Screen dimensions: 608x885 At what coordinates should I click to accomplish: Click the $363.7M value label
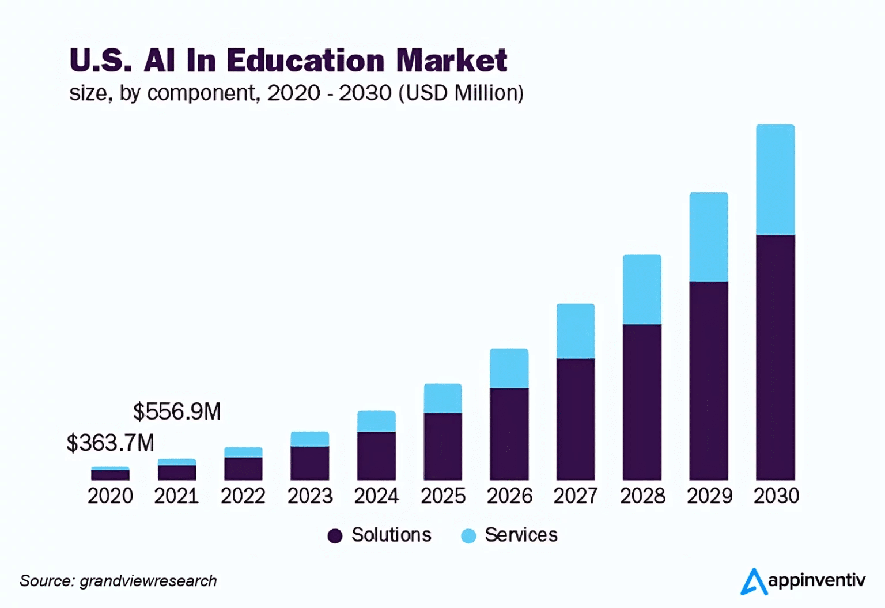pos(111,443)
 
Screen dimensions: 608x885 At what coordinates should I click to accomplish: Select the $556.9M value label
pos(177,412)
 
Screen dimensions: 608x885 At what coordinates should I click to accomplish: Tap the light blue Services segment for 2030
pos(775,180)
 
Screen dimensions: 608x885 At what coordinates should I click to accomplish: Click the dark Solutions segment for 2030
pos(775,357)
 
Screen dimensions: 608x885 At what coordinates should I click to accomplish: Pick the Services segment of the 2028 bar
pos(642,290)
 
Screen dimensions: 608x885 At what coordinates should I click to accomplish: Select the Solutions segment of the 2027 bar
pos(576,419)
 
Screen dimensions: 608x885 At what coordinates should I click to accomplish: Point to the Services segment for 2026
pos(509,368)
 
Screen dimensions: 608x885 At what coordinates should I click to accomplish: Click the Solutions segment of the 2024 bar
pos(376,456)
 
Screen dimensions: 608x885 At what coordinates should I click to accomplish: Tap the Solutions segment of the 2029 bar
pos(709,380)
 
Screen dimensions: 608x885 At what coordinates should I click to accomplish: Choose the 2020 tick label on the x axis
pos(110,496)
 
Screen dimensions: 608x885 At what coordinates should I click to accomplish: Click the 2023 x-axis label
pos(310,496)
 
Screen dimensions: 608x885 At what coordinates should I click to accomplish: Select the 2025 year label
pos(443,496)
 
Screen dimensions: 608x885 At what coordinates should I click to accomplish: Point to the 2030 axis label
pos(776,496)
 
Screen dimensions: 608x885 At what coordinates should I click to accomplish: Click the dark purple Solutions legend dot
pos(335,536)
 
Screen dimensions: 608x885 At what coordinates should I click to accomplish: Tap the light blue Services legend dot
pos(469,536)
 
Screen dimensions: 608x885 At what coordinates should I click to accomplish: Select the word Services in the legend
pos(521,535)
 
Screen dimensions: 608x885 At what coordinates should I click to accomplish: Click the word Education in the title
pos(305,61)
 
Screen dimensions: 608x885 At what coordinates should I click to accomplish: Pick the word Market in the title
pos(452,61)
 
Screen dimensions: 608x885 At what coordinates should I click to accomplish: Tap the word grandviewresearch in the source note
pos(148,581)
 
